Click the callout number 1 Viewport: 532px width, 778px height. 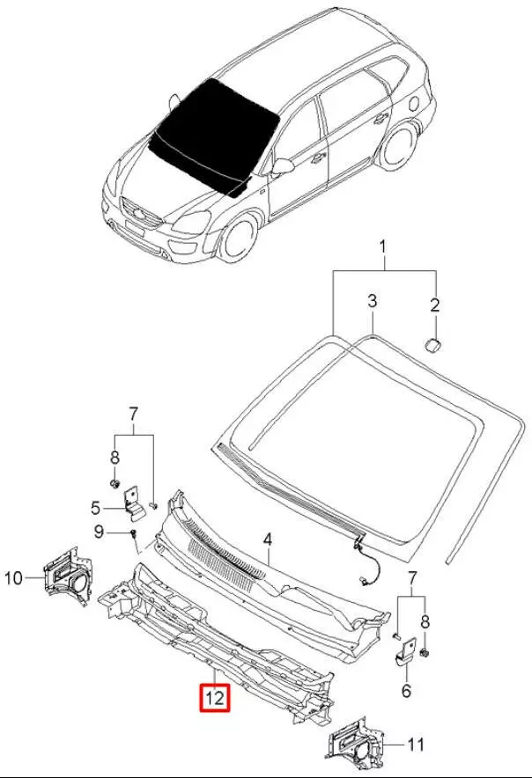pyautogui.click(x=383, y=250)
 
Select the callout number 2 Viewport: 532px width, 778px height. pyautogui.click(x=434, y=306)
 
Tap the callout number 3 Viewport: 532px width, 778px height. pyautogui.click(x=372, y=302)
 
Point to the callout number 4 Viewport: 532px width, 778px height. pyautogui.click(x=267, y=539)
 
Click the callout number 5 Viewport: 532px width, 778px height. pyautogui.click(x=97, y=507)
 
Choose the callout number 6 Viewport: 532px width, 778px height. pyautogui.click(x=406, y=692)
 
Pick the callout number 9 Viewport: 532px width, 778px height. pyautogui.click(x=99, y=531)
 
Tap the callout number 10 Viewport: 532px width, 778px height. pyautogui.click(x=14, y=578)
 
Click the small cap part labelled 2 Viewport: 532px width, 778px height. pyautogui.click(x=433, y=342)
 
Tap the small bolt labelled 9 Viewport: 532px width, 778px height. pyautogui.click(x=132, y=533)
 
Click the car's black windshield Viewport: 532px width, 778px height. pyautogui.click(x=211, y=132)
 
